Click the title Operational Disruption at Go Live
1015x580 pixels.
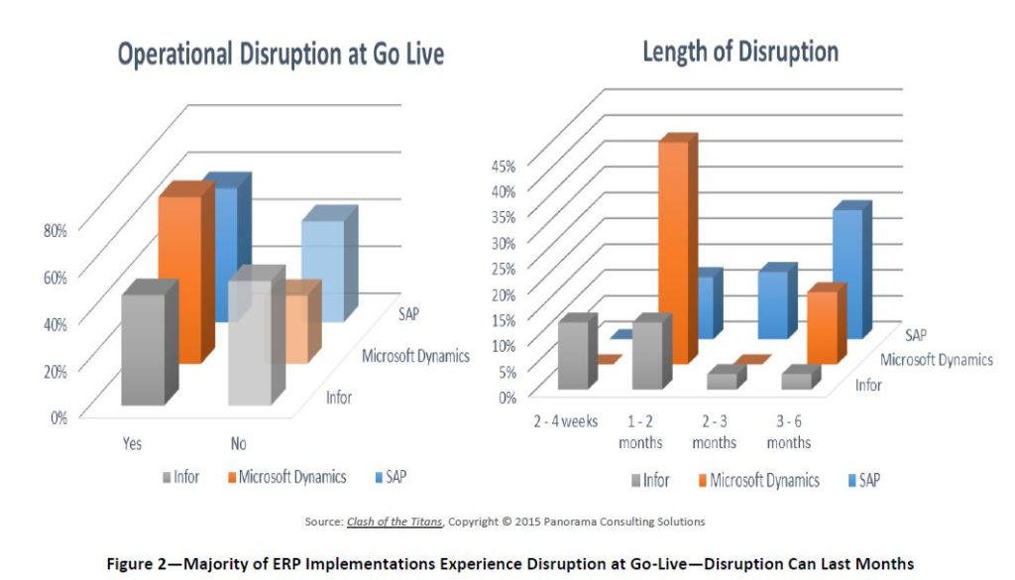click(281, 55)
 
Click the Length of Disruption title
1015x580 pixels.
click(739, 52)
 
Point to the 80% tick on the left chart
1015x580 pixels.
click(55, 230)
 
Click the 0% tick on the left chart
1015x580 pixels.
click(57, 416)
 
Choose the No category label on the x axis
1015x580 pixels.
click(239, 444)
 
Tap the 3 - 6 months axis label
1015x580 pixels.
click(788, 431)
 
